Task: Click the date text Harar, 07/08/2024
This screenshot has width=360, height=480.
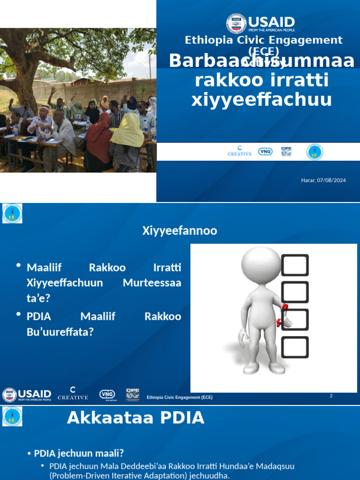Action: [x=323, y=180]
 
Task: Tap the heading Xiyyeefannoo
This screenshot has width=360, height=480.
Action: [x=180, y=231]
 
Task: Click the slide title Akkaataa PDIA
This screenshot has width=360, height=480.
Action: [x=135, y=417]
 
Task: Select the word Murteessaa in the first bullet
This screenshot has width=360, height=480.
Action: [x=152, y=283]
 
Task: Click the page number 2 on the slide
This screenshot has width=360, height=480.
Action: [x=331, y=396]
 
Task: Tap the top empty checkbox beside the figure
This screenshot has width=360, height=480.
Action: [x=295, y=265]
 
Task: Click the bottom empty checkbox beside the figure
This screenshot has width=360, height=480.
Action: [x=295, y=347]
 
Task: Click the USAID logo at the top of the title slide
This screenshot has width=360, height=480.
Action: [x=261, y=23]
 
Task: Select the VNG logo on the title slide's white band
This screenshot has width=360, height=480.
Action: [x=265, y=152]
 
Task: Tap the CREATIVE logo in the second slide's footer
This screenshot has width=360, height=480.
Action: [x=73, y=394]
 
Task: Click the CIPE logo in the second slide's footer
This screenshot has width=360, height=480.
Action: [x=132, y=394]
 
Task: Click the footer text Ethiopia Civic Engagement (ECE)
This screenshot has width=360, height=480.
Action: [x=180, y=397]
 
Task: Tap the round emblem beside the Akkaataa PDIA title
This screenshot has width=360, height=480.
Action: [x=12, y=416]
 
